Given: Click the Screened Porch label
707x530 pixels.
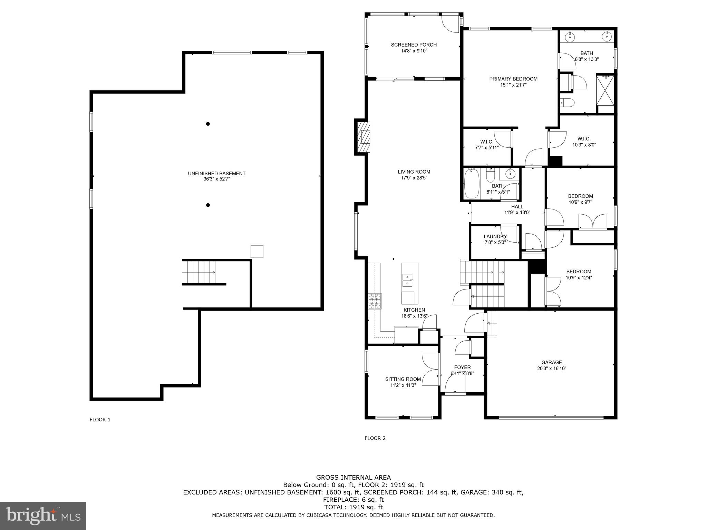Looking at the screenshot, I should [414, 45].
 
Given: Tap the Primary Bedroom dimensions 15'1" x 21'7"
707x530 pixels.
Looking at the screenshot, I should [513, 85].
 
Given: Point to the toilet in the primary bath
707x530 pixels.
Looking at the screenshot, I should [567, 102].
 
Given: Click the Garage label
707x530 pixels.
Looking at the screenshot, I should [551, 362].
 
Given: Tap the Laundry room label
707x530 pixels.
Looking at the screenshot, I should [495, 236].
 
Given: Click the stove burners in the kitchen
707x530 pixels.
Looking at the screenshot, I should [375, 301].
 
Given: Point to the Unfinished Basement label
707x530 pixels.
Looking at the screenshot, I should [216, 174].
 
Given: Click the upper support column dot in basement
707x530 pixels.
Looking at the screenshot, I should [208, 124].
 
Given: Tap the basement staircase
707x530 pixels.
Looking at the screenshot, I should [199, 272].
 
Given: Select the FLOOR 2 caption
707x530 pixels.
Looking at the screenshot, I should [375, 438].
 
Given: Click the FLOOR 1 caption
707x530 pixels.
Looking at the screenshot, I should [100, 420].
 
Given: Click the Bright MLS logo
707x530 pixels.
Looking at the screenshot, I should [43, 516].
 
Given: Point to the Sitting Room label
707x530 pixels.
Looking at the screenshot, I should [403, 379].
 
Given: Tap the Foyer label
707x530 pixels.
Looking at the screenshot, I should [462, 367].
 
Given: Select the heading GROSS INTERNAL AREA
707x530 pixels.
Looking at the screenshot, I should [353, 478].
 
